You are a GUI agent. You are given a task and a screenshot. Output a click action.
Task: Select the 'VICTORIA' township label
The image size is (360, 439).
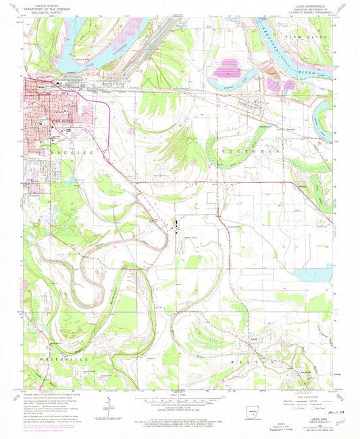pos(248,153)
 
